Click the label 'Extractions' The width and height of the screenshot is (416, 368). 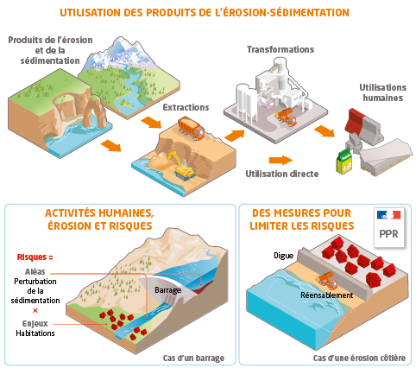click(x=186, y=107)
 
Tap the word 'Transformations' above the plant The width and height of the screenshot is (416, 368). click(x=280, y=49)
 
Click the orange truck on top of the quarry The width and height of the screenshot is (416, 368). click(x=192, y=129)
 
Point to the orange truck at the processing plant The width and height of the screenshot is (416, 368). click(x=287, y=117)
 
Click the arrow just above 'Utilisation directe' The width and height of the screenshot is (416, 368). click(x=280, y=160)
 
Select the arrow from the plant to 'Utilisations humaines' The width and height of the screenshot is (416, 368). click(x=325, y=131)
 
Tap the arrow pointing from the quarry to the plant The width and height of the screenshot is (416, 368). click(x=235, y=135)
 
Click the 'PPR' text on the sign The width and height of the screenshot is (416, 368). click(x=388, y=234)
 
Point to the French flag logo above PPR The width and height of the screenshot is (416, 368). click(x=388, y=215)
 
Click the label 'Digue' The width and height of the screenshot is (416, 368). click(x=283, y=256)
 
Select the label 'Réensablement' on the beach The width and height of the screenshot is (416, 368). click(x=327, y=295)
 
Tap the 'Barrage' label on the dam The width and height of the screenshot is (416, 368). click(x=168, y=290)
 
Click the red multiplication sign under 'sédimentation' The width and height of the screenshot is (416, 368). click(x=35, y=311)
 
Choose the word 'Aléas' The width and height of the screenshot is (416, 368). click(x=35, y=271)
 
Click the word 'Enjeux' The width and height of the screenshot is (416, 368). click(x=35, y=324)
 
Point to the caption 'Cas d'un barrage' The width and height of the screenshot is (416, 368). click(x=193, y=358)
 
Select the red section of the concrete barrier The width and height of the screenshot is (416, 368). click(x=354, y=120)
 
